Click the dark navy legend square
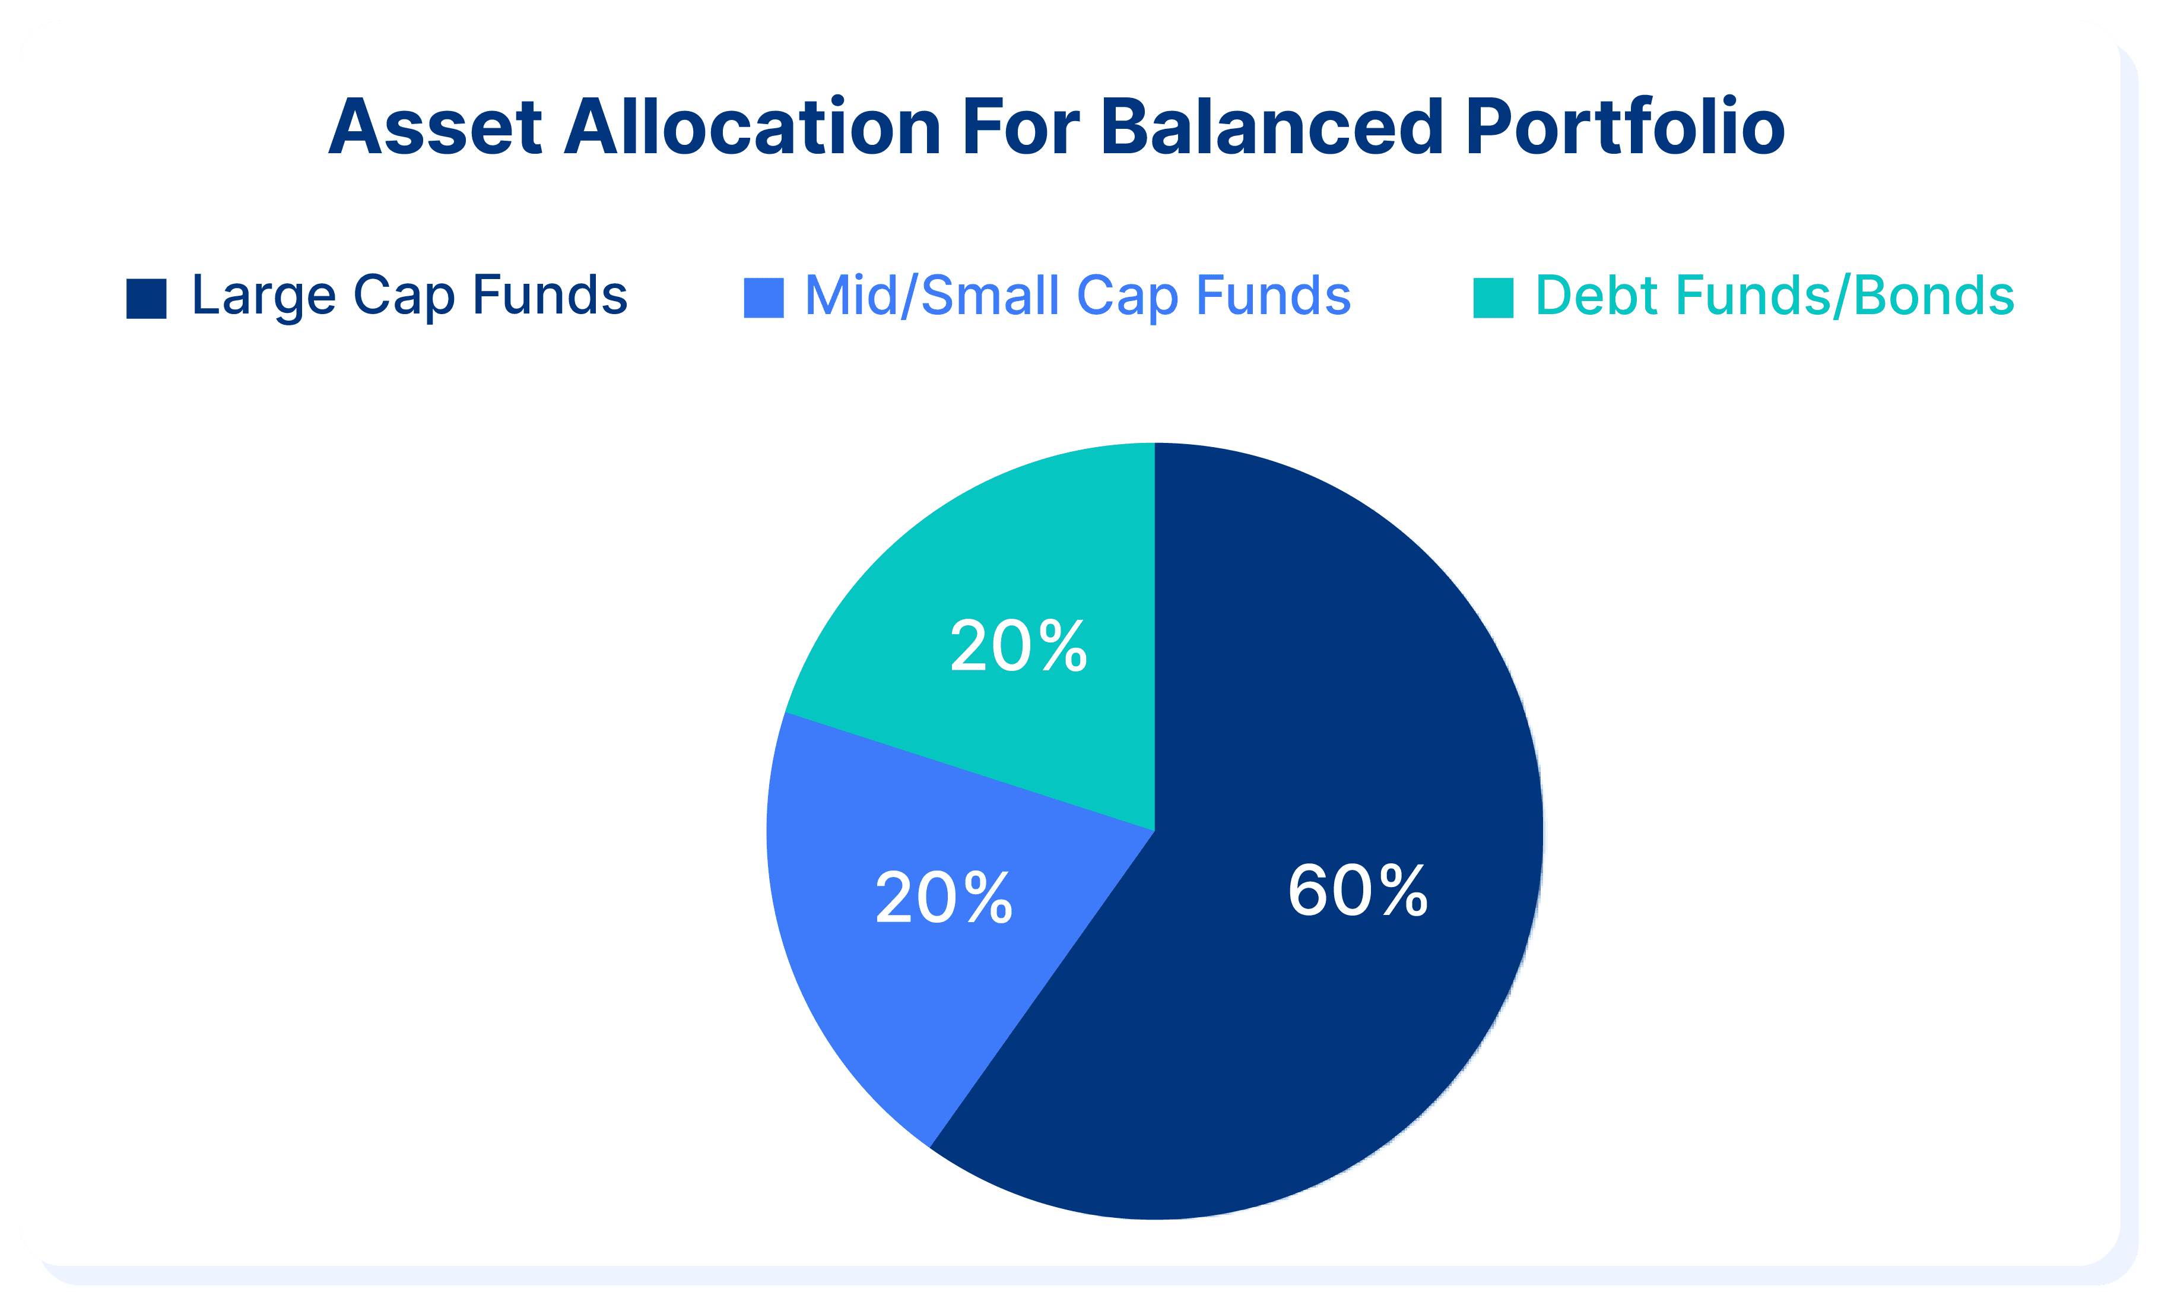click(x=146, y=298)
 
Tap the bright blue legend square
click(x=764, y=297)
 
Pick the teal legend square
click(x=1493, y=297)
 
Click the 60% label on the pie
click(x=1358, y=891)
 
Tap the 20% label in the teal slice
click(x=1019, y=646)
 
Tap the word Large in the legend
click(x=264, y=297)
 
